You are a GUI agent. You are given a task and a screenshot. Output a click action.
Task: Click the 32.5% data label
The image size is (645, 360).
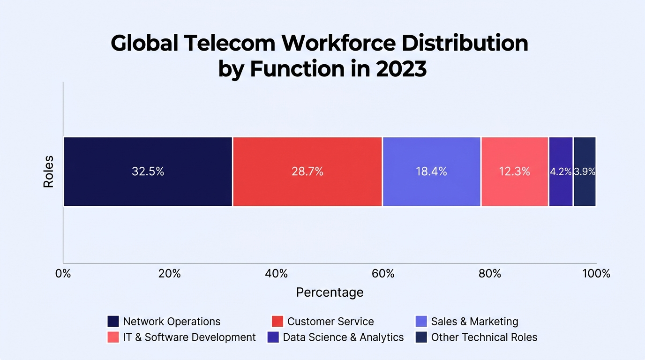(148, 172)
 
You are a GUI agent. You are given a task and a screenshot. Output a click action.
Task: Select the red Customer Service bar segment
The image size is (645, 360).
(307, 172)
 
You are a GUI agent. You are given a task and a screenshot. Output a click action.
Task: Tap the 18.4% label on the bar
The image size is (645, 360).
(431, 172)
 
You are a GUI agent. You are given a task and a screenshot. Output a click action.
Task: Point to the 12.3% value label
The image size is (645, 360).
(514, 172)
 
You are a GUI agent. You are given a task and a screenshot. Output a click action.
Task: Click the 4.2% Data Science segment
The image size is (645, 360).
(561, 172)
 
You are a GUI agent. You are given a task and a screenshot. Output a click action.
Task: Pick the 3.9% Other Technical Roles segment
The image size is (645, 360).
(585, 172)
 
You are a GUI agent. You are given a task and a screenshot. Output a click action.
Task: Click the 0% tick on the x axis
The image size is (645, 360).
(63, 273)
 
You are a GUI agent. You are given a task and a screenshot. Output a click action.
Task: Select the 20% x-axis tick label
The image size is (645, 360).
(170, 273)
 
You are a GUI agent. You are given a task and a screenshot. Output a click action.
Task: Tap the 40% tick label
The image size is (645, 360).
(277, 273)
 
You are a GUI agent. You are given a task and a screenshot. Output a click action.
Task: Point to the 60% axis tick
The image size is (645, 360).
(383, 273)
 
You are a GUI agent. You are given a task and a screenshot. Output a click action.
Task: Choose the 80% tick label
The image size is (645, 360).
(490, 273)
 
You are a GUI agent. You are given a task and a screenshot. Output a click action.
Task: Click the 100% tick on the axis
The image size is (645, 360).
(596, 273)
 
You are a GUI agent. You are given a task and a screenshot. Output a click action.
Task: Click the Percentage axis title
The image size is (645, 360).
(330, 292)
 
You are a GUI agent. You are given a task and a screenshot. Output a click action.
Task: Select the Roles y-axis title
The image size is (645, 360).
(48, 172)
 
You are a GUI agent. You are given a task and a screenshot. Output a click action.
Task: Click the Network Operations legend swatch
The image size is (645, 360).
(113, 322)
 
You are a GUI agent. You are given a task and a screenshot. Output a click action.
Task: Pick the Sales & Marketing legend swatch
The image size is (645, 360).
(421, 322)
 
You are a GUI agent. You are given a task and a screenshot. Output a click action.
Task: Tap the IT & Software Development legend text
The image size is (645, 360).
(189, 337)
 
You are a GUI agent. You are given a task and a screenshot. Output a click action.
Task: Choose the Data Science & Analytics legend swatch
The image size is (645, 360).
(273, 337)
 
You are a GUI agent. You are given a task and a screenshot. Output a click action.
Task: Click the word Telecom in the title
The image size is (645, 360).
(230, 43)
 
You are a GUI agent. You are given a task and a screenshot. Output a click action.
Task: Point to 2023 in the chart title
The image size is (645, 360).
(401, 69)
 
